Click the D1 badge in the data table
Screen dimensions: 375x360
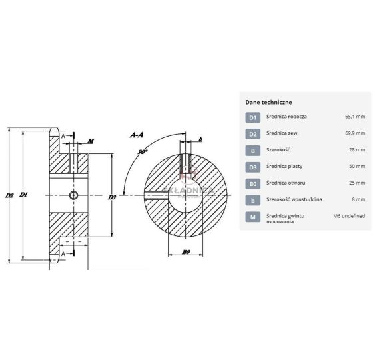253,117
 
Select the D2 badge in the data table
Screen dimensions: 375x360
253,134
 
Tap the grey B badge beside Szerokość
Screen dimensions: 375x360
253,151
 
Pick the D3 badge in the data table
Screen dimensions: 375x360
253,167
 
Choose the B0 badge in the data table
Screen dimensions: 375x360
253,183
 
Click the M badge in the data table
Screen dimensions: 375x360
253,217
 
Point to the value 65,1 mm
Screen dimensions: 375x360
355,117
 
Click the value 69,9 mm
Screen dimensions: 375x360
355,133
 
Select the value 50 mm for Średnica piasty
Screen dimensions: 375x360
357,166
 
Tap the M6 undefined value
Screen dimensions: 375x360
349,216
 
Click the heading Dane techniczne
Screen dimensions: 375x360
268,102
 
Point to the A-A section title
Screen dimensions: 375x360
137,135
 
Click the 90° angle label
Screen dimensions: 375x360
142,152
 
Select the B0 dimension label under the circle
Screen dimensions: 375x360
186,252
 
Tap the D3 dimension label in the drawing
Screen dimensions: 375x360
112,197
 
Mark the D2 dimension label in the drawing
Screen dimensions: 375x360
9,195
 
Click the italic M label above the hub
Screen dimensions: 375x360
91,141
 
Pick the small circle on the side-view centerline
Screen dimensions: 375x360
73,195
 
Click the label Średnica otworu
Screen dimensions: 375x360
286,183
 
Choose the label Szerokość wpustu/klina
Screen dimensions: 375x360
294,199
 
